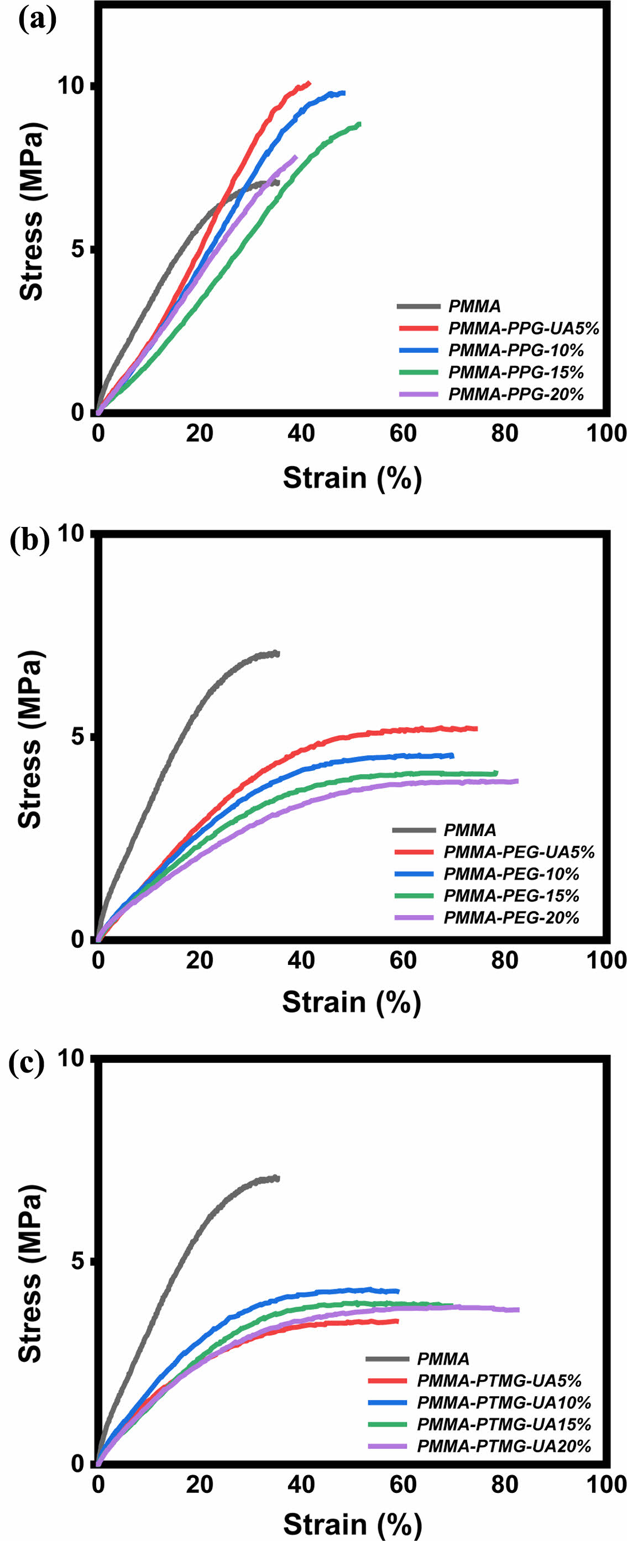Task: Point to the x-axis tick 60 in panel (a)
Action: pos(403,433)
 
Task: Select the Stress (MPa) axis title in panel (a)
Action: pos(31,211)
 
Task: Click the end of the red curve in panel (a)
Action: pos(309,82)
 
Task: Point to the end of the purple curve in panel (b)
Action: pos(516,781)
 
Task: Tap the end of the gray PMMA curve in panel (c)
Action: pos(278,1178)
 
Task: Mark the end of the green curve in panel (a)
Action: pos(359,124)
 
